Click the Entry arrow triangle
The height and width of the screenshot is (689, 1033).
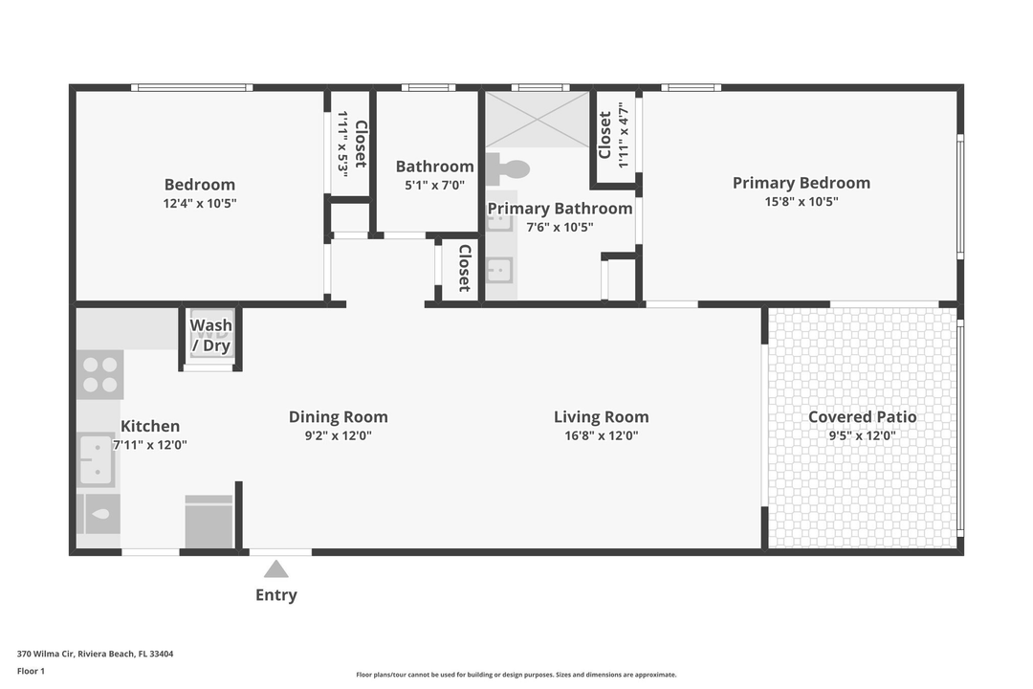point(276,569)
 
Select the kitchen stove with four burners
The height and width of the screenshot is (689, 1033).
point(99,374)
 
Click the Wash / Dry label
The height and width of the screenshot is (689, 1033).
point(210,336)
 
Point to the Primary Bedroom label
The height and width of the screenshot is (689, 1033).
point(802,183)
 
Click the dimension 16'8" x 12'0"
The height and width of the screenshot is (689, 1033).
point(601,435)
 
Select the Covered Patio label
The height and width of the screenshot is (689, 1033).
point(862,416)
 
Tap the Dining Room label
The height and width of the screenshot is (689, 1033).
point(339,416)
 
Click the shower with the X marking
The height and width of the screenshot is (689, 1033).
point(538,119)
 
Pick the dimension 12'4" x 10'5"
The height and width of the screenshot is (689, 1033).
point(200,203)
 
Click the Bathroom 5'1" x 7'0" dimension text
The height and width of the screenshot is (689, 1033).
point(434,186)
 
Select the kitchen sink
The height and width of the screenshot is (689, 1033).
point(96,459)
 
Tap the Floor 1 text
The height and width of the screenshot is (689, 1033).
point(31,671)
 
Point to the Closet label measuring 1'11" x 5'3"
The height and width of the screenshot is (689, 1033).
point(361,144)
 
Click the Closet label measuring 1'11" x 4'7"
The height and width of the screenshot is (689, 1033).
point(604,135)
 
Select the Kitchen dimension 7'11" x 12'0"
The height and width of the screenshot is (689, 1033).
point(150,445)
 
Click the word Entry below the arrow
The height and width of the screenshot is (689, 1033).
point(275,595)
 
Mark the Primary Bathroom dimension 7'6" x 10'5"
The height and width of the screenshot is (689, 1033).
point(560,227)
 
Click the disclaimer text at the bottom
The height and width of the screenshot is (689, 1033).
point(516,675)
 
